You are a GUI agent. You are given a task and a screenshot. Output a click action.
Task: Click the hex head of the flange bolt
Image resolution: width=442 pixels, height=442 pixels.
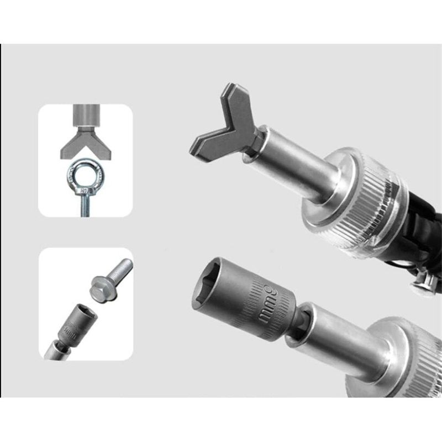99,291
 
